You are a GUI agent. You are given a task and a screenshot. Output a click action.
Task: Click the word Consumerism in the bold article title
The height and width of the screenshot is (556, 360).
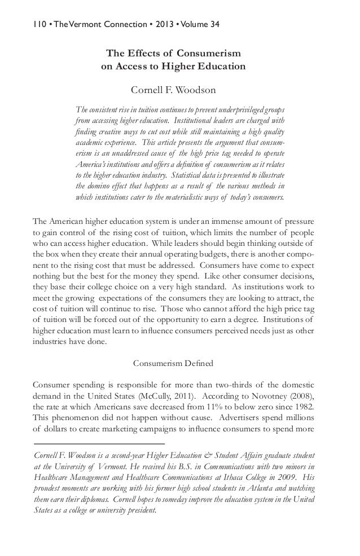(x=209, y=54)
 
